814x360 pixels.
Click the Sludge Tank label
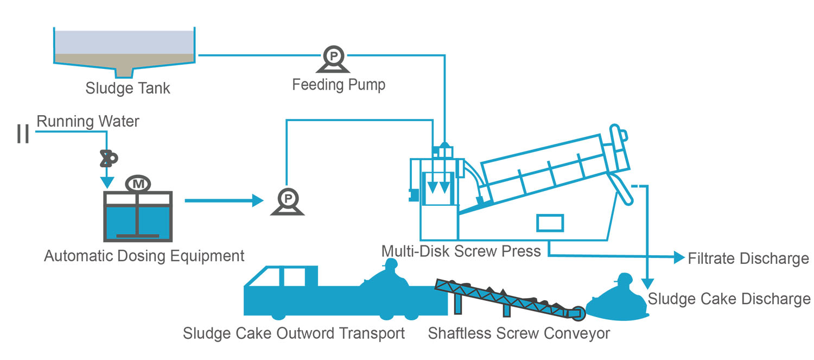click(x=128, y=88)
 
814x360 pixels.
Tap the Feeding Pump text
click(x=339, y=85)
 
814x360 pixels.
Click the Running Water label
click(x=88, y=121)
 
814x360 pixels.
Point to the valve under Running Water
click(x=107, y=158)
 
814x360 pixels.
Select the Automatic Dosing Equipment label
click(x=144, y=255)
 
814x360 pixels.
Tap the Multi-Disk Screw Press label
click(x=461, y=251)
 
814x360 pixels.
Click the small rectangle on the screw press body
click(x=550, y=222)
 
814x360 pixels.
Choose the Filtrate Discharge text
click(x=748, y=258)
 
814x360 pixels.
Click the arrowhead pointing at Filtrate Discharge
click(x=678, y=257)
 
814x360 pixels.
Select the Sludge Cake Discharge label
click(x=729, y=299)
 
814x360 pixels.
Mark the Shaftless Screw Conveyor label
click(x=519, y=333)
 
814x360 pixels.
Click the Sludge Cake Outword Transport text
click(x=294, y=333)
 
